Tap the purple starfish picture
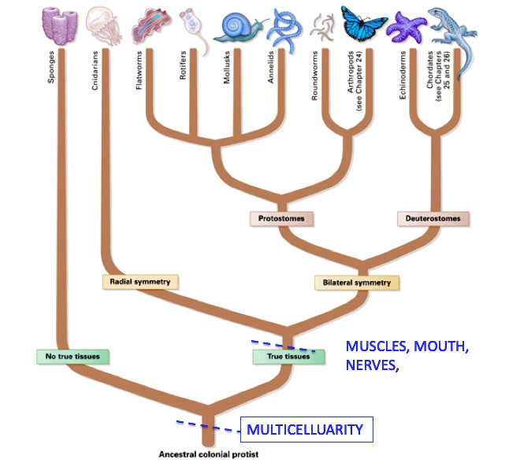point(408,27)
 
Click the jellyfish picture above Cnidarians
point(101,25)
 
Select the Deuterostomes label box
point(433,217)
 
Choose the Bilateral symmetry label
point(356,282)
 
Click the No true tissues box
point(72,356)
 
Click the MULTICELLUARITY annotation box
point(305,429)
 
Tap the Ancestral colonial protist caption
point(208,454)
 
